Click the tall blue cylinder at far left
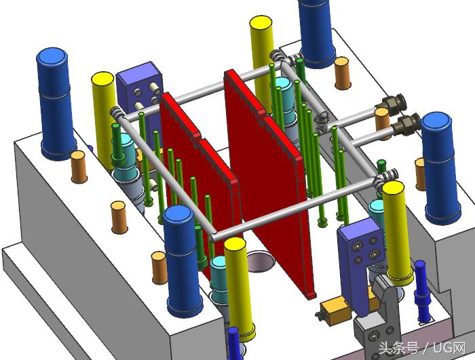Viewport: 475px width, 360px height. pyautogui.click(x=54, y=102)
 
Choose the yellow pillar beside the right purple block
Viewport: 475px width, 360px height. pyautogui.click(x=397, y=231)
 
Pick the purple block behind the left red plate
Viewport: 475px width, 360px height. pyautogui.click(x=139, y=88)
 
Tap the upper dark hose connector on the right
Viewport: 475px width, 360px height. pyautogui.click(x=392, y=104)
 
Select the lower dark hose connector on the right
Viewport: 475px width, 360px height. pyautogui.click(x=406, y=124)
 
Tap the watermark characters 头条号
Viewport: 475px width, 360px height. pyautogui.click(x=398, y=348)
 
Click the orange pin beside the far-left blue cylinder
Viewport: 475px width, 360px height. pyautogui.click(x=79, y=166)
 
